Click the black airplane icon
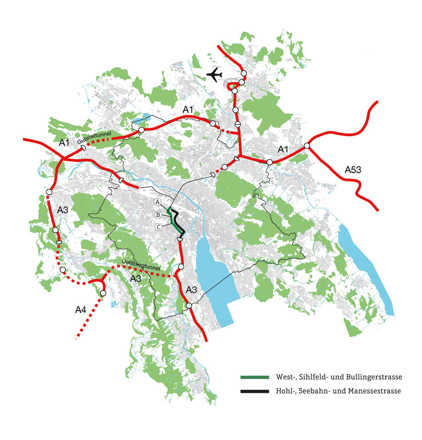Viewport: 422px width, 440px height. click(x=214, y=75)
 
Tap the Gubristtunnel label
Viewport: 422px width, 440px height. click(x=94, y=138)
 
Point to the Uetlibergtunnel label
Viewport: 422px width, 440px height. click(x=141, y=265)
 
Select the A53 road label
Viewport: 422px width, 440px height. click(x=353, y=170)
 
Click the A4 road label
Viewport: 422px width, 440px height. click(x=81, y=310)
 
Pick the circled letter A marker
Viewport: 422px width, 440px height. click(x=158, y=202)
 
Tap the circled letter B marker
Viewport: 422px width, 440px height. click(x=158, y=215)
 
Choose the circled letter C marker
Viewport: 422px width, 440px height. click(x=159, y=227)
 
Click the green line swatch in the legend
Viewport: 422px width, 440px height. click(x=255, y=377)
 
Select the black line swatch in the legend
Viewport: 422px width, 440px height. click(x=255, y=391)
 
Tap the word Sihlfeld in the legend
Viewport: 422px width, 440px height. click(x=308, y=377)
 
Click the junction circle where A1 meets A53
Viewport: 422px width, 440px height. click(x=307, y=146)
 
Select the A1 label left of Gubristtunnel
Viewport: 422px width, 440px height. click(x=64, y=142)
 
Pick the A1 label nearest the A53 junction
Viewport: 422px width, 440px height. click(x=283, y=149)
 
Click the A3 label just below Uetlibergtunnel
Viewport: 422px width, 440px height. click(x=136, y=279)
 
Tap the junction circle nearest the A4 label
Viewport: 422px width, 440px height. click(x=103, y=293)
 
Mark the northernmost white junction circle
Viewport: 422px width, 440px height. click(x=244, y=73)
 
